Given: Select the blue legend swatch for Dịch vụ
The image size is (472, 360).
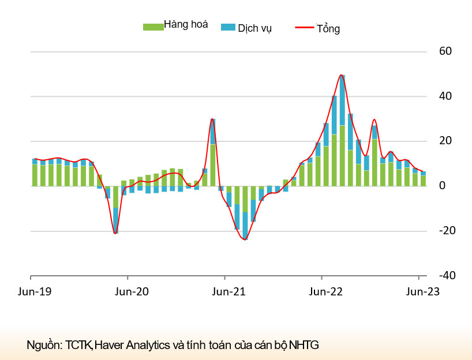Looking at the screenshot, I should coord(228,27).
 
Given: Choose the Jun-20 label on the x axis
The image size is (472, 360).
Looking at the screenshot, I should coord(133,291).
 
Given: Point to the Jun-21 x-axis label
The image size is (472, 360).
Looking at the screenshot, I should coord(230,291).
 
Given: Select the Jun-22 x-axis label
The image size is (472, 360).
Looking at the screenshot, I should coord(327,291).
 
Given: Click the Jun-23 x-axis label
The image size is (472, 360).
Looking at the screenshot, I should coord(424,291).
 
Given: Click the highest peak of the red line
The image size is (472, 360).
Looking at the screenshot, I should coord(342,75).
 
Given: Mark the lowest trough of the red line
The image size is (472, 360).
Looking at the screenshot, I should coord(245,239).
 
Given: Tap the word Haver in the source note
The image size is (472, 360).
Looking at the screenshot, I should coord(108,346).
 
